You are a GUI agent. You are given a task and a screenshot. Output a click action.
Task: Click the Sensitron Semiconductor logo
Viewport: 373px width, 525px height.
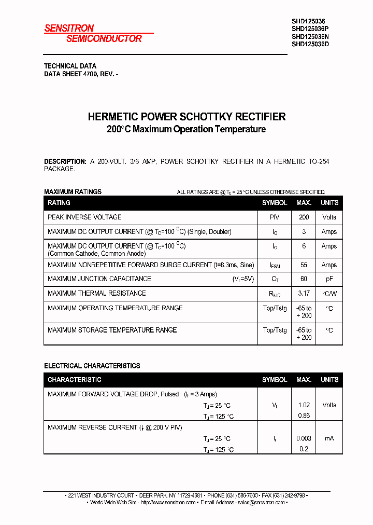pyautogui.click(x=93, y=34)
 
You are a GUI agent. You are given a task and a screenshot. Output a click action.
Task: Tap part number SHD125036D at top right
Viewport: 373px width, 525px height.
pyautogui.click(x=310, y=44)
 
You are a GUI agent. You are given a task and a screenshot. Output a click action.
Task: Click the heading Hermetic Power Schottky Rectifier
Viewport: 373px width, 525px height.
pyautogui.click(x=187, y=117)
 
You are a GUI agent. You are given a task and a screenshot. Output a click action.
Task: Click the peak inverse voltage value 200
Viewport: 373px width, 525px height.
pyautogui.click(x=304, y=217)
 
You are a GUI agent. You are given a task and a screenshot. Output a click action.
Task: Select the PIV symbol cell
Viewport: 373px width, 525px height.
pyautogui.click(x=275, y=217)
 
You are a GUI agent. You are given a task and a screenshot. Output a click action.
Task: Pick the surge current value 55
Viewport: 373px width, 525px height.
pyautogui.click(x=304, y=265)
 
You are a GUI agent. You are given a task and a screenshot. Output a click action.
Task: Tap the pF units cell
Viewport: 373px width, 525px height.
pyautogui.click(x=329, y=279)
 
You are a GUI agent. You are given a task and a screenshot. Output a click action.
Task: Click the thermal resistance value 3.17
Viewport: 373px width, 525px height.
pyautogui.click(x=304, y=294)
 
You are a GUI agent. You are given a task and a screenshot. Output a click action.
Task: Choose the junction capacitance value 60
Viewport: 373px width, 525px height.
pyautogui.click(x=304, y=279)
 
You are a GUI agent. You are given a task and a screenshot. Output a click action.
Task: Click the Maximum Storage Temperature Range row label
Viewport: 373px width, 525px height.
pyautogui.click(x=112, y=330)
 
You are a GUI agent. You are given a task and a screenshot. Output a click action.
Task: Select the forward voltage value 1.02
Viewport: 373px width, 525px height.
pyautogui.click(x=304, y=405)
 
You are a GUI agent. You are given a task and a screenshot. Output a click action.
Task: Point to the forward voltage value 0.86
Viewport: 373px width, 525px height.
pyautogui.click(x=304, y=416)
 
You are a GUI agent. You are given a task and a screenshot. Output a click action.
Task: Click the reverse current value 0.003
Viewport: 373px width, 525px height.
pyautogui.click(x=304, y=438)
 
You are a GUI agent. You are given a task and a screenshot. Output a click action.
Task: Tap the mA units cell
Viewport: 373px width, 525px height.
pyautogui.click(x=329, y=438)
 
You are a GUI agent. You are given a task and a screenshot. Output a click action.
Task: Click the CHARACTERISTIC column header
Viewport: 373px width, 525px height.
pyautogui.click(x=75, y=380)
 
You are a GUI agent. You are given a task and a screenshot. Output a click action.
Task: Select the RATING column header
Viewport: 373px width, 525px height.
pyautogui.click(x=59, y=203)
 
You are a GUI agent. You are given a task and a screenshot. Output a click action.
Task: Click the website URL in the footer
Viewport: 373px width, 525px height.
pyautogui.click(x=168, y=502)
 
